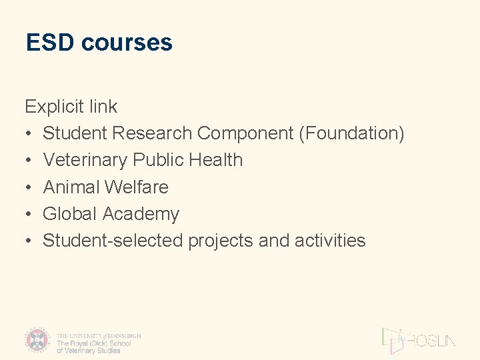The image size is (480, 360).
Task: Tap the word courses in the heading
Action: point(126,43)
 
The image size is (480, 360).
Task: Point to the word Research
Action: point(152,133)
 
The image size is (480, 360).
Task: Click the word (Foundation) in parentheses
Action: point(351,133)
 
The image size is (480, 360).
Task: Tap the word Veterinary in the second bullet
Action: point(85,160)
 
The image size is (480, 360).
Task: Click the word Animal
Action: point(71,187)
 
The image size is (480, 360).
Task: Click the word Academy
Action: point(141,215)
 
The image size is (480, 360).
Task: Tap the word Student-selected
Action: point(113,241)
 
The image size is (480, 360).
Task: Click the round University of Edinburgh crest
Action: point(38,340)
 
